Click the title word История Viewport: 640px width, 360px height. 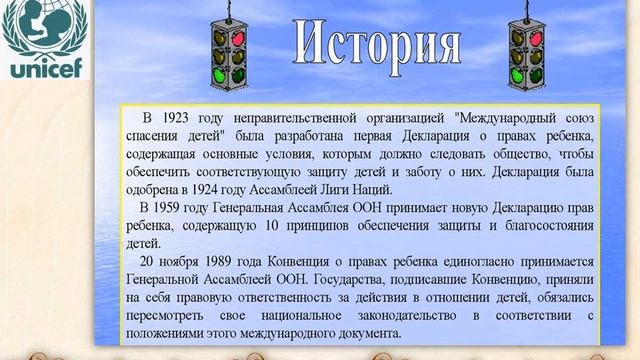pos(379,44)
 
